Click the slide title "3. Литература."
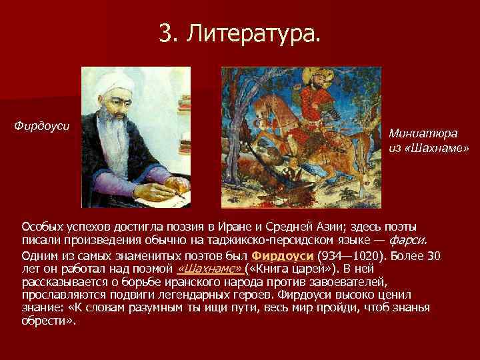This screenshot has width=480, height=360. tap(239, 33)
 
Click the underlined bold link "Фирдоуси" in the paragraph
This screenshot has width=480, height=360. tap(274, 257)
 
